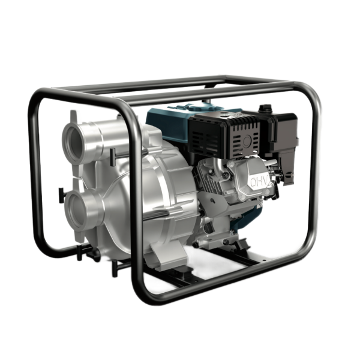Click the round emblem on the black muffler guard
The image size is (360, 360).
pos(247,140)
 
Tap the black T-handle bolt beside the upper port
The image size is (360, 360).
pos(113,157)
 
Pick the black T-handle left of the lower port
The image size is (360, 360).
pos(61,195)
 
